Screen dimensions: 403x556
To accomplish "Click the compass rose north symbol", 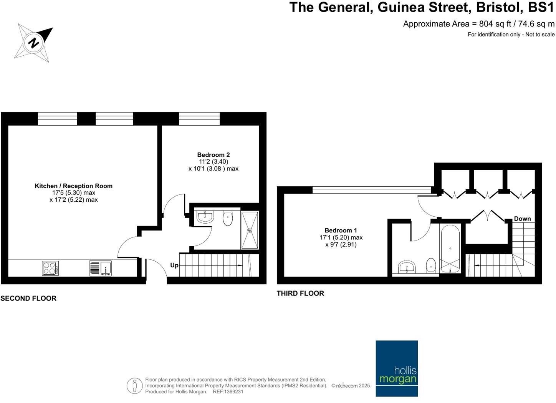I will click(34, 42).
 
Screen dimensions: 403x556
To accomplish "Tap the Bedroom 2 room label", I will click(213, 155).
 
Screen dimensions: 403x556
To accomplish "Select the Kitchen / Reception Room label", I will click(73, 186).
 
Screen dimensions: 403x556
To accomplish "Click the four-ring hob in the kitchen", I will click(50, 268).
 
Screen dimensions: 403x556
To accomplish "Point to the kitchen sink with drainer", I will click(100, 268).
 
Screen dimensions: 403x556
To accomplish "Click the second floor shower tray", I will click(250, 230).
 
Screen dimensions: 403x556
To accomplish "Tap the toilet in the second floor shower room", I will click(228, 219).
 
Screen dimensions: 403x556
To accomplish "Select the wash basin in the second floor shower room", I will click(205, 217).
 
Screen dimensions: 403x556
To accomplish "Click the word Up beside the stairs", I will click(174, 265).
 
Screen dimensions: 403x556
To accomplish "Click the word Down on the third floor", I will click(522, 219).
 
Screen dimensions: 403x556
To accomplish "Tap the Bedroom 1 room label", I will click(341, 230).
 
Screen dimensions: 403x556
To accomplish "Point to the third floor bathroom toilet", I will click(431, 265).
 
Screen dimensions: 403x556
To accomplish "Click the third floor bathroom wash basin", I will click(407, 267).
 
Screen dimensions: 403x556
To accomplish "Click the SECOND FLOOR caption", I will click(28, 298).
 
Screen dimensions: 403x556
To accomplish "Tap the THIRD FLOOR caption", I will click(300, 293).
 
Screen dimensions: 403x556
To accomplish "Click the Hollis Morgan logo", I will click(397, 368).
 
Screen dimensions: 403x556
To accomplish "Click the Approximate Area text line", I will click(478, 24).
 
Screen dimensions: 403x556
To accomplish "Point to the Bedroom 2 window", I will click(199, 119).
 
